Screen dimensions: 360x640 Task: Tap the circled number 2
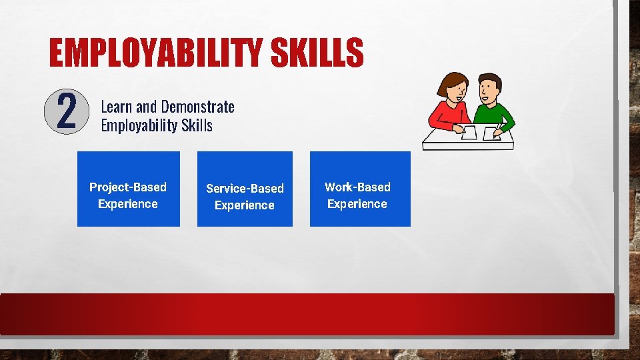pyautogui.click(x=66, y=111)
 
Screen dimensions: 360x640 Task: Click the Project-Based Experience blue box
pyautogui.click(x=129, y=189)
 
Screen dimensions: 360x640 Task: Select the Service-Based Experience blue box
pyautogui.click(x=245, y=189)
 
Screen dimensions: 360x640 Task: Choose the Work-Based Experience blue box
pyautogui.click(x=360, y=189)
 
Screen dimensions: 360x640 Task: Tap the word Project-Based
pyautogui.click(x=128, y=187)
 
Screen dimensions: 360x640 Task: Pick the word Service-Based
pyautogui.click(x=245, y=189)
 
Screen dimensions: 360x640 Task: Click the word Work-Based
pyautogui.click(x=357, y=187)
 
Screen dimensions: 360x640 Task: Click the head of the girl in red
pyautogui.click(x=452, y=88)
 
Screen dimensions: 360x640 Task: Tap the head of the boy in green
pyautogui.click(x=489, y=88)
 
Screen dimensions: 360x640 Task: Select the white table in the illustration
pyautogui.click(x=467, y=141)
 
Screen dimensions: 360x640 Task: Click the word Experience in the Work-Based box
pyautogui.click(x=357, y=204)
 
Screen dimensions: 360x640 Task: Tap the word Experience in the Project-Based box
pyautogui.click(x=128, y=204)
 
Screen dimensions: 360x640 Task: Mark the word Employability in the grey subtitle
pyautogui.click(x=139, y=125)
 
